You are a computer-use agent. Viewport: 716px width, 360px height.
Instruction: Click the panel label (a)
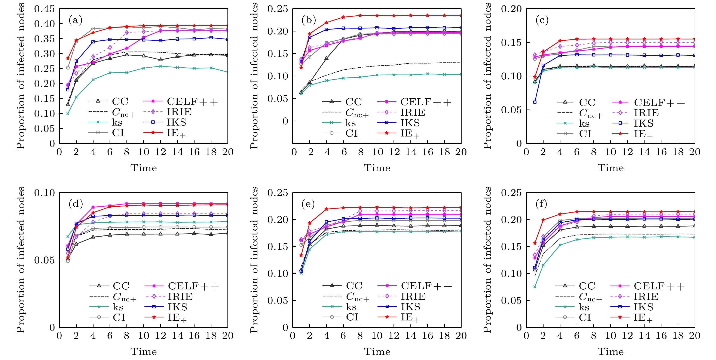(x=75, y=20)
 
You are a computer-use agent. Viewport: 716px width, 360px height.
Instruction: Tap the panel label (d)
(x=76, y=204)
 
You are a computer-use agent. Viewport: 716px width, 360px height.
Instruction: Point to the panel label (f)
(x=541, y=204)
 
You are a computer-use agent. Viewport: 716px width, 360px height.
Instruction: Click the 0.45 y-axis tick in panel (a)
(x=45, y=9)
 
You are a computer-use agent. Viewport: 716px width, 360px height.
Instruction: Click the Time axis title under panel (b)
(x=377, y=168)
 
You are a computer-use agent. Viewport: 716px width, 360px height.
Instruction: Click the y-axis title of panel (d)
(x=21, y=260)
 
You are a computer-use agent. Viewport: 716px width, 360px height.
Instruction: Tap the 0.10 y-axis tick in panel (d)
(x=45, y=193)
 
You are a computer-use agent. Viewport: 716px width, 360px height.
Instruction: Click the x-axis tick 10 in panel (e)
(x=377, y=336)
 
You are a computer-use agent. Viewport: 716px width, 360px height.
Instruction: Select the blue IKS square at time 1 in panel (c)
(x=535, y=102)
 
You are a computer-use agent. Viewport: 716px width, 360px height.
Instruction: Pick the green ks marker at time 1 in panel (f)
(x=535, y=287)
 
